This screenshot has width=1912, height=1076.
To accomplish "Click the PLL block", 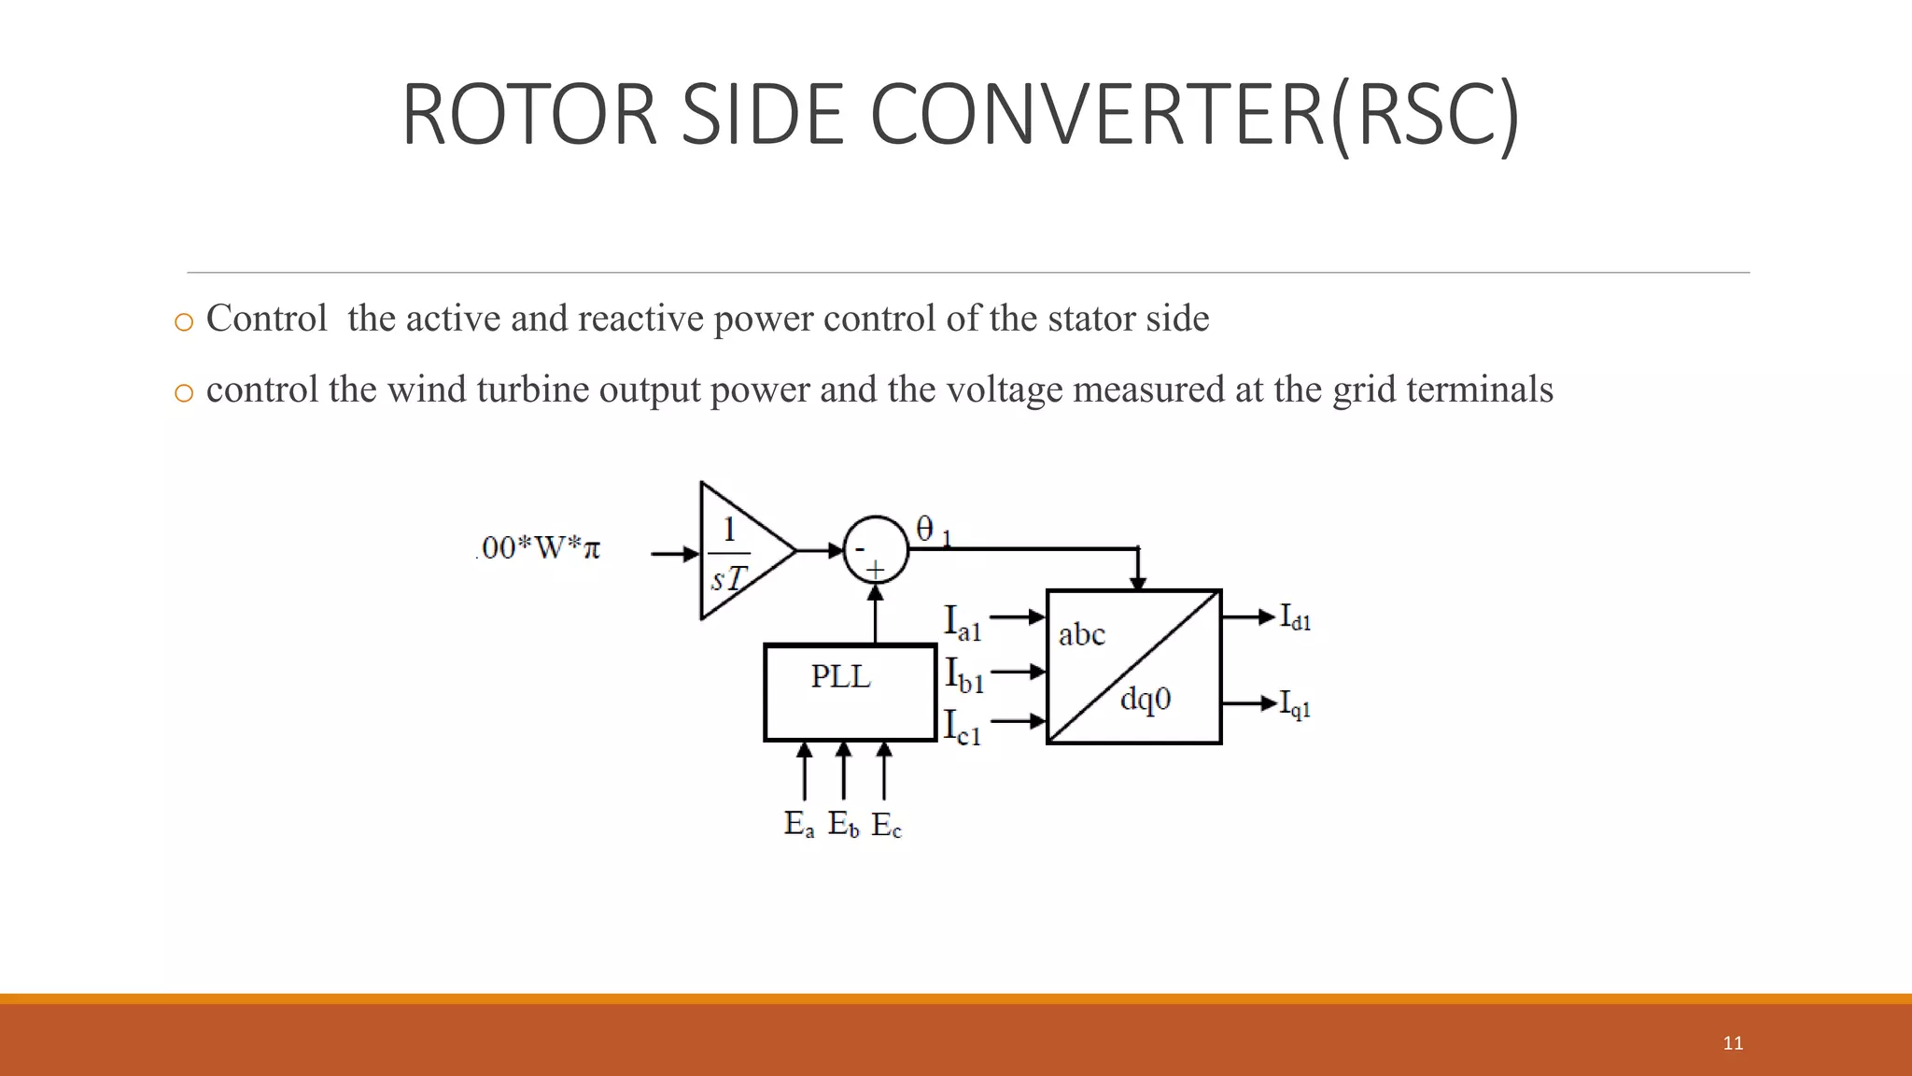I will pos(850,692).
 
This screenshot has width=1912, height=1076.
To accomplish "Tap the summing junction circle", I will pos(875,550).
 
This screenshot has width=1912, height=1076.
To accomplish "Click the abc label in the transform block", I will pos(1081,635).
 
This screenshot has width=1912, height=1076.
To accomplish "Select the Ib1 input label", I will pos(964,674).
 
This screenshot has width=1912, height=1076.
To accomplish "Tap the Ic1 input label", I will pos(963,727).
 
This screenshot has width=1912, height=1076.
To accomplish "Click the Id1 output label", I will pos(1295,617).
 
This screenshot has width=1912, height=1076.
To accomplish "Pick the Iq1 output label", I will pos(1295,704).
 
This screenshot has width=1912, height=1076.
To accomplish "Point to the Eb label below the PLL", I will pos(843,824).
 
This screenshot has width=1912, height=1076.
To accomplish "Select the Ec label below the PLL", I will pos(887,825).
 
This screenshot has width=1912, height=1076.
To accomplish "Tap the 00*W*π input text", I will pos(540,547).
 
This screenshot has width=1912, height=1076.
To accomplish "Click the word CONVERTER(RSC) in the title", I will pos(1194,115).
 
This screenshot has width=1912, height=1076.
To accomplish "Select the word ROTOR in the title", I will pos(529,115).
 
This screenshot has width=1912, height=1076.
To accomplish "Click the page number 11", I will pos(1733,1043).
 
